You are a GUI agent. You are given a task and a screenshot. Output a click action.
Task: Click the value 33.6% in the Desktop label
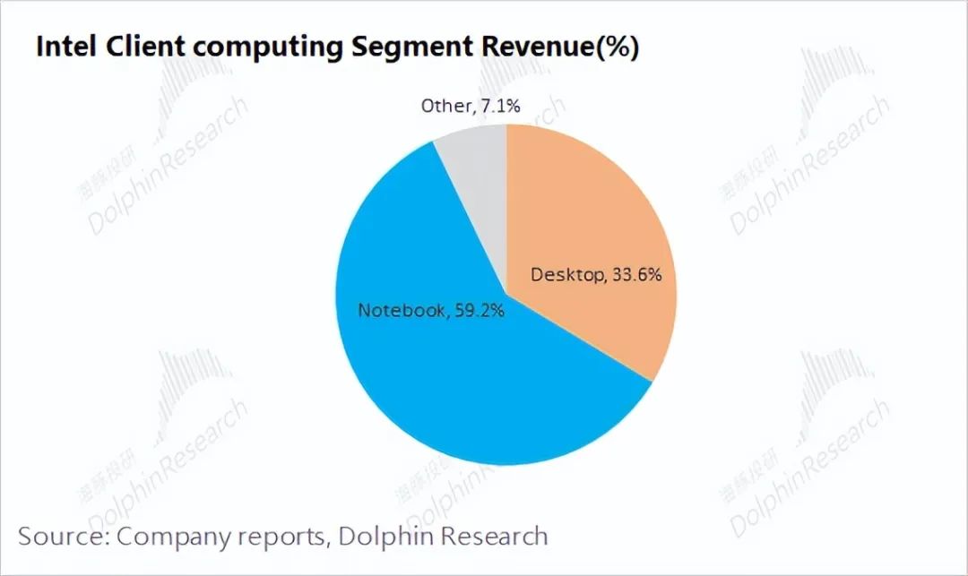(635, 275)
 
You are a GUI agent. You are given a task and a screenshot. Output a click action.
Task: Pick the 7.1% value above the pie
(499, 107)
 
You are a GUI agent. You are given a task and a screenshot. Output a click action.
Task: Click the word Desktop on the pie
(566, 275)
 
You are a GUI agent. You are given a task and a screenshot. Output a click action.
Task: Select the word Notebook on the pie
(402, 311)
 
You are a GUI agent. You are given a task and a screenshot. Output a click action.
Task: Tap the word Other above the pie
(445, 107)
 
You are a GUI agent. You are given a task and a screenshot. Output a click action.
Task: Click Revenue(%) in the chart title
(557, 47)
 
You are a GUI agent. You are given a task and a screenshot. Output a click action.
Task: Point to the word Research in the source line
(495, 537)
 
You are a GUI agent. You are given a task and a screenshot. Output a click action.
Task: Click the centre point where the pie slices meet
(506, 295)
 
